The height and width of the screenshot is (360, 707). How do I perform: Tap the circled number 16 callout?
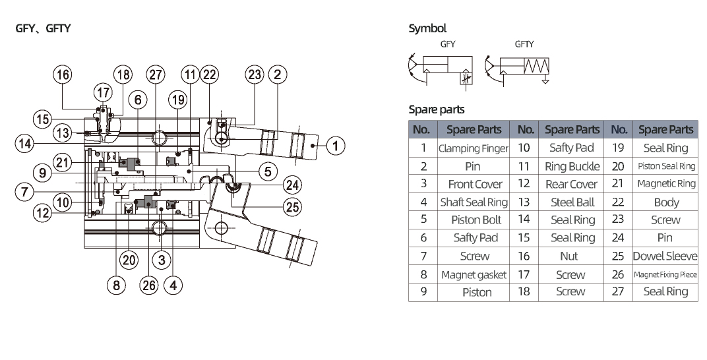[63, 75]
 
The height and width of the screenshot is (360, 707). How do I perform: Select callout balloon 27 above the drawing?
[155, 75]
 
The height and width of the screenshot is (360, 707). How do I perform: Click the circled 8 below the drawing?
[117, 285]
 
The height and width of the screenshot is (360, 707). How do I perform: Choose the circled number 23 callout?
[255, 75]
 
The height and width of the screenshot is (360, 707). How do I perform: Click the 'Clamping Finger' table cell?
[474, 148]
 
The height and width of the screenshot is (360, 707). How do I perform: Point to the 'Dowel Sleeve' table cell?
[665, 256]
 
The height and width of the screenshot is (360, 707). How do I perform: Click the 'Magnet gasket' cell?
[474, 274]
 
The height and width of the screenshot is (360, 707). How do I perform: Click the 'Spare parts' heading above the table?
[437, 109]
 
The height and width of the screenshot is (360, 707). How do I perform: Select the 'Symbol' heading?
[427, 28]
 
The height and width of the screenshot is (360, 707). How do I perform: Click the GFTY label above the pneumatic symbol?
[524, 44]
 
